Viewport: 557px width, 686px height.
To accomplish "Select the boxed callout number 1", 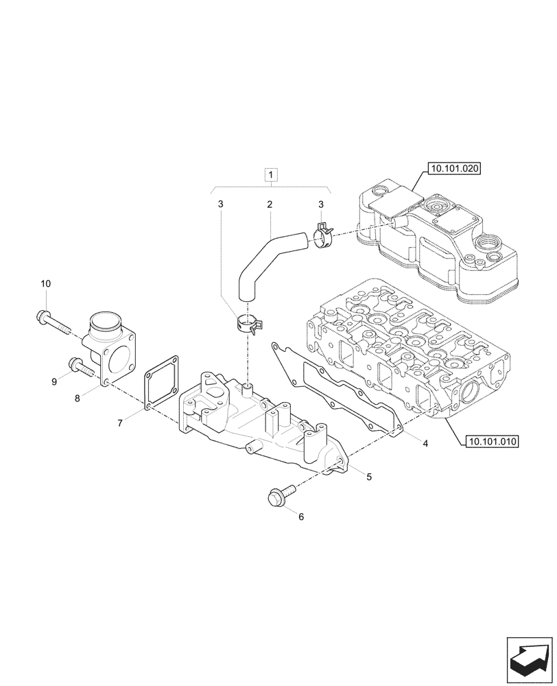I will (x=272, y=176).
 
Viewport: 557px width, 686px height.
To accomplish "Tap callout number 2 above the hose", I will (x=270, y=204).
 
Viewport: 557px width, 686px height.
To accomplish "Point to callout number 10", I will (x=46, y=283).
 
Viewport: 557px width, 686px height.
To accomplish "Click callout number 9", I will (x=54, y=382).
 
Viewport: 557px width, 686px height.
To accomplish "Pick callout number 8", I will (x=78, y=397).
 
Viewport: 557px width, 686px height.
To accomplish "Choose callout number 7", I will (x=120, y=423).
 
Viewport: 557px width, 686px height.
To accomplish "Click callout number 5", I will (x=369, y=476).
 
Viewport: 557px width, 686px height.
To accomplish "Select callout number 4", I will (x=425, y=444).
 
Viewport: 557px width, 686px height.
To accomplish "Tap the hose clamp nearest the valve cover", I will (x=322, y=237).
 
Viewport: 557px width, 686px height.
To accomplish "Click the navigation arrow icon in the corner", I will (x=529, y=657).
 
